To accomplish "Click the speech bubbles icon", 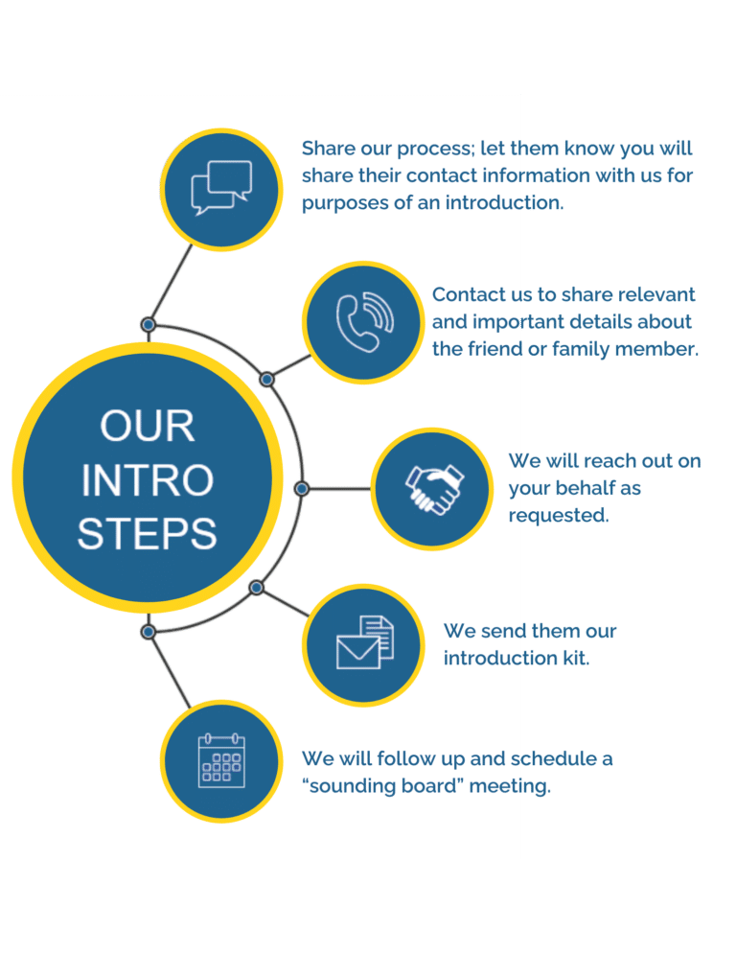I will point(220,187).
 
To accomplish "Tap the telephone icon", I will point(363,321).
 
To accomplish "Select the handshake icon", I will point(432,489).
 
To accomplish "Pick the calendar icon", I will point(221,761).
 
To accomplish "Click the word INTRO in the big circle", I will point(147,480).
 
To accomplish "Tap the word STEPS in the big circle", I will point(147,533).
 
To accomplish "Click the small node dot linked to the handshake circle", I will point(302,489).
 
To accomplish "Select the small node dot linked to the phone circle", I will point(267,380).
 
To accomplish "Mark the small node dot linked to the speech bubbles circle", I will point(149,325).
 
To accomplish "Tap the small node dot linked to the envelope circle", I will point(256,587).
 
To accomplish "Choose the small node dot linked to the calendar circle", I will point(149,632).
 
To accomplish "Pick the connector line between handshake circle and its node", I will point(339,489).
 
